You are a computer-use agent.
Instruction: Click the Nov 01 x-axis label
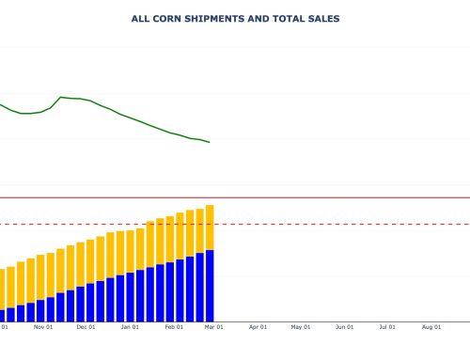point(42,327)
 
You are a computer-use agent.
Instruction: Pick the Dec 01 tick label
point(86,327)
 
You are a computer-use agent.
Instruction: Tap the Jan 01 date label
point(130,327)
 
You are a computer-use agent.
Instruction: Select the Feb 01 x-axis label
point(174,327)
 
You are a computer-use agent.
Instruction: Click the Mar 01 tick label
point(213,327)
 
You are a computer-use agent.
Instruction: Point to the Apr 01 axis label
point(258,327)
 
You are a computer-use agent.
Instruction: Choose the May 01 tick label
point(301,327)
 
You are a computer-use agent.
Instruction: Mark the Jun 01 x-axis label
point(345,327)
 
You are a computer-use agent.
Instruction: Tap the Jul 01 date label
point(387,327)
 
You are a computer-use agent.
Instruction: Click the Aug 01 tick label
point(431,327)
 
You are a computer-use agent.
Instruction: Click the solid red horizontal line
point(338,197)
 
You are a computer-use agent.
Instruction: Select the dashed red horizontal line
point(338,224)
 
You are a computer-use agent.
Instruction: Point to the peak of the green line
point(61,97)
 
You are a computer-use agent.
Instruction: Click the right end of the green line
point(210,142)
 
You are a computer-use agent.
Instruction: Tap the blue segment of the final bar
point(210,286)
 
